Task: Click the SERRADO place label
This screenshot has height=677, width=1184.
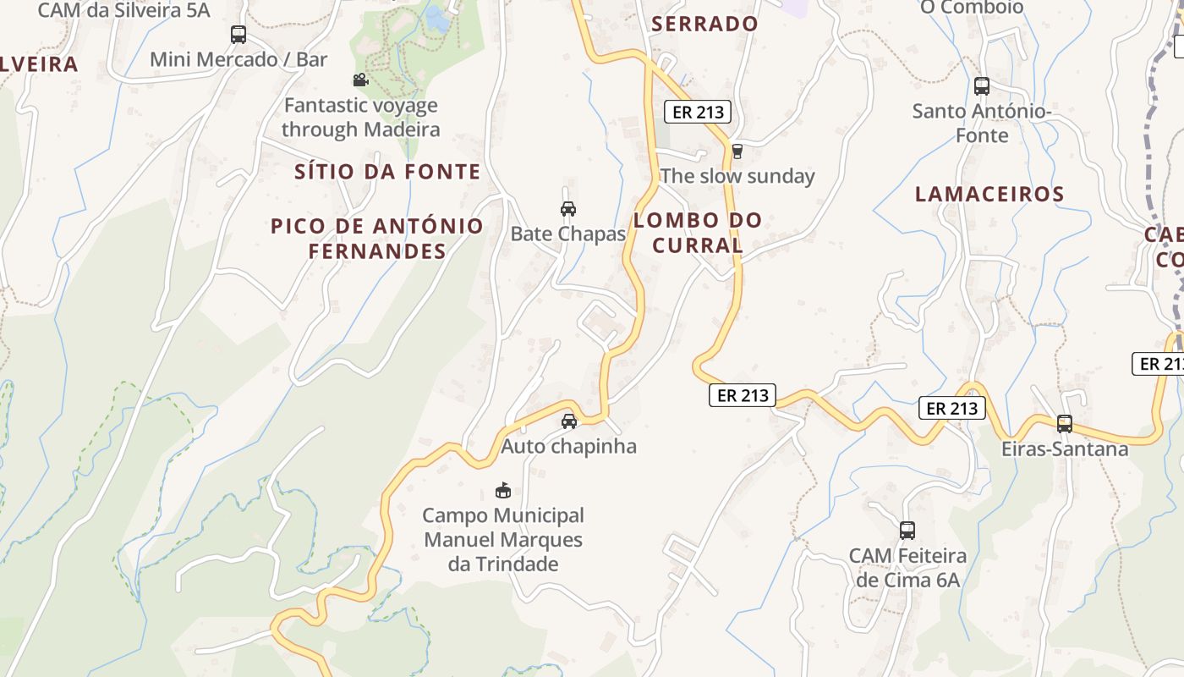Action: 704,24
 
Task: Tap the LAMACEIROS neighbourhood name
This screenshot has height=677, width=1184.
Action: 989,194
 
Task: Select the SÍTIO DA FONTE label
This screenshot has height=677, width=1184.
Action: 387,172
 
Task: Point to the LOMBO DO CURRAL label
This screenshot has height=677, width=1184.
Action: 698,233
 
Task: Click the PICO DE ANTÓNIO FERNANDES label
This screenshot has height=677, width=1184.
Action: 377,239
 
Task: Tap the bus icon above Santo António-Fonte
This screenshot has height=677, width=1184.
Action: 981,86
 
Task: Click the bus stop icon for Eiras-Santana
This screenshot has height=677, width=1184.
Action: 1064,424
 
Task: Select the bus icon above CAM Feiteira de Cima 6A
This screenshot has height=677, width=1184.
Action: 907,531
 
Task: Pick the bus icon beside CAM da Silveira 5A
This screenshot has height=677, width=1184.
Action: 238,35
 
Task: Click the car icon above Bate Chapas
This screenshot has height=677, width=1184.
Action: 568,209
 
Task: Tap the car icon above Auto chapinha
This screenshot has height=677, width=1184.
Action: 569,421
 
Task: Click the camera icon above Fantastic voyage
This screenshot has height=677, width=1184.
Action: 360,80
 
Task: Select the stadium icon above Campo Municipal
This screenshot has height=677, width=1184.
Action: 503,490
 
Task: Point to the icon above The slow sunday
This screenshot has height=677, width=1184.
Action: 737,151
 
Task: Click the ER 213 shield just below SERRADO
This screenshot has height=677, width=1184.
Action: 697,112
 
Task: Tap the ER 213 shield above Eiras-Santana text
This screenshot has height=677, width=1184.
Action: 952,408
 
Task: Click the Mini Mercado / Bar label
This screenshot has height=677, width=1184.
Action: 238,59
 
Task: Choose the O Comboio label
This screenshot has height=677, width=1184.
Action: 972,8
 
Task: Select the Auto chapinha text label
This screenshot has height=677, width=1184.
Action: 568,446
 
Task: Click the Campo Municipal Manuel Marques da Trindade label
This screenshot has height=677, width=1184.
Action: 503,539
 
